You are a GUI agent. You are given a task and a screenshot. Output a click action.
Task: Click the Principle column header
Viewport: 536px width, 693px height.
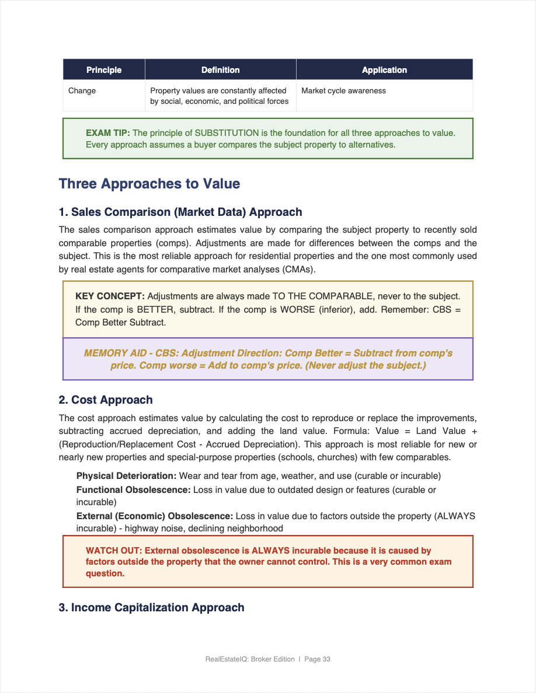tap(104, 70)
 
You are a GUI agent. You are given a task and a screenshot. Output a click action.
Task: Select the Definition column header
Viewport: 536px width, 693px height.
tap(220, 70)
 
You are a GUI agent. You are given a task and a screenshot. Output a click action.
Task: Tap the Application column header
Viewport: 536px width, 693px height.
tap(384, 70)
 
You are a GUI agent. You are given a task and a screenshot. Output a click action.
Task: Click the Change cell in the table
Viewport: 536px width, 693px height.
tap(82, 91)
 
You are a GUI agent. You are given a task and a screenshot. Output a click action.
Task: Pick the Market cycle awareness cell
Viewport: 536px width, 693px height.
tap(343, 91)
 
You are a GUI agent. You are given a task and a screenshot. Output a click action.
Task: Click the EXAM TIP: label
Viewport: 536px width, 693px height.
tap(108, 133)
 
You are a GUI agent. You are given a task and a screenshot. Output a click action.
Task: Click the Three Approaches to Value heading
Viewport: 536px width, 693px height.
tap(149, 184)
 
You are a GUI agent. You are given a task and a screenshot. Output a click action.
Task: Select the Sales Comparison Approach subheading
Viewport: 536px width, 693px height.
tap(180, 212)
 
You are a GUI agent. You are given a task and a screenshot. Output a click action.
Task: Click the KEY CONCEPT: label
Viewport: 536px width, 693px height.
tap(110, 296)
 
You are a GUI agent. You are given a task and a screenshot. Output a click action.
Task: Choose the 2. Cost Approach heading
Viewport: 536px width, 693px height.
tap(106, 400)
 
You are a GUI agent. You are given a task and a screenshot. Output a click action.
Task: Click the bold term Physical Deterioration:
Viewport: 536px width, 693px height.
tap(126, 476)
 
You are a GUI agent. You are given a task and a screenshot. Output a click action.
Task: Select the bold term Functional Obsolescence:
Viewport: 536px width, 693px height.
tap(133, 490)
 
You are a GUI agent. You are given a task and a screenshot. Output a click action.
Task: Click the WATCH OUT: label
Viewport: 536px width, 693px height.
tap(114, 551)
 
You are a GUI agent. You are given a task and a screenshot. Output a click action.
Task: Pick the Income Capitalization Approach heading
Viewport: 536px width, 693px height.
tap(151, 608)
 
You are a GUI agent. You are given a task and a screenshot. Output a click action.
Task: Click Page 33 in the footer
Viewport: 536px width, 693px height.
tap(318, 659)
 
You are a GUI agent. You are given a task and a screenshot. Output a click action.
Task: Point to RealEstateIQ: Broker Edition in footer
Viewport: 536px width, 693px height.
tap(250, 659)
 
